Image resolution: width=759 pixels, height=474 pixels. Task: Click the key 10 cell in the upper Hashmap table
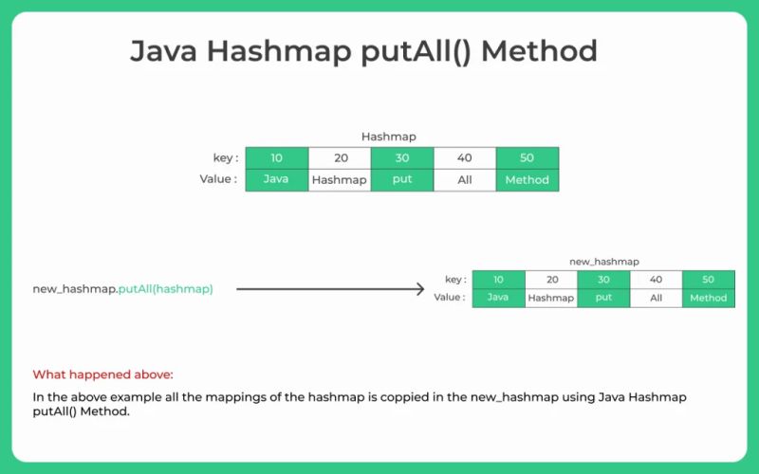tap(276, 158)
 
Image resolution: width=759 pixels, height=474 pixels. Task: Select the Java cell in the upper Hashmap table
tap(276, 179)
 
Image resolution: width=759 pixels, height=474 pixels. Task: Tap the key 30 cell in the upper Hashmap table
tap(401, 158)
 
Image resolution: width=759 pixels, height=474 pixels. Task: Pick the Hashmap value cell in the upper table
tap(339, 179)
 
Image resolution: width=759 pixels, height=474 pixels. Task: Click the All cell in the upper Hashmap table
tap(464, 179)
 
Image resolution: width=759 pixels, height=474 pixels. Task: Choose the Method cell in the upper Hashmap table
tap(527, 179)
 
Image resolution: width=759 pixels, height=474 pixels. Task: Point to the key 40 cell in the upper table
tap(464, 158)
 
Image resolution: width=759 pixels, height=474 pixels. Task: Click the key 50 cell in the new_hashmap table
tap(708, 280)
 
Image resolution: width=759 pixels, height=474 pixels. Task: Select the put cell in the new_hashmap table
tap(603, 297)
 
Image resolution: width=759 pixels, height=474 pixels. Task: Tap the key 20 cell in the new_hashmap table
tap(551, 280)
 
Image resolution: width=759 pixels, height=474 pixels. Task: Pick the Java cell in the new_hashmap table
tap(498, 297)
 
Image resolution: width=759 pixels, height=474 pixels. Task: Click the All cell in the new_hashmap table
tap(656, 297)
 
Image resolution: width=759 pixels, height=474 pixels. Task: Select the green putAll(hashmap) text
tap(165, 289)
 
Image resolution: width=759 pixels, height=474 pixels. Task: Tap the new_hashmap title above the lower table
tap(603, 261)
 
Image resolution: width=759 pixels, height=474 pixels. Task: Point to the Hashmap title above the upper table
tap(388, 137)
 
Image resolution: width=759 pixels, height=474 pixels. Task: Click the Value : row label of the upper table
tap(218, 178)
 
